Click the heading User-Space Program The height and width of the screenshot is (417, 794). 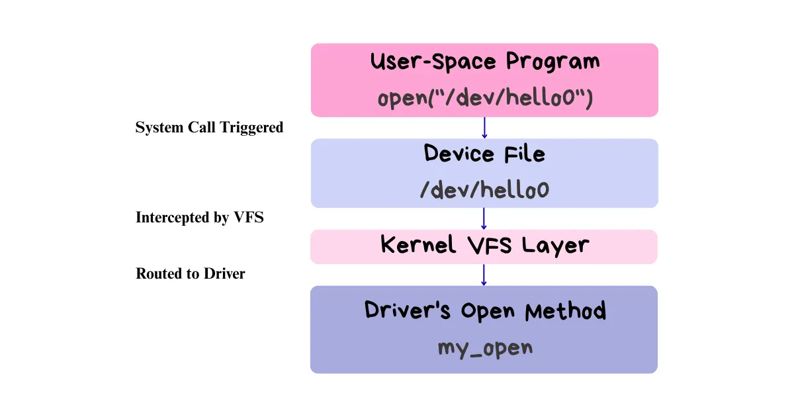(x=484, y=62)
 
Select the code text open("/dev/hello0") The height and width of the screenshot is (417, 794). (x=484, y=98)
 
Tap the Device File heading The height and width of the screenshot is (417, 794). (x=484, y=154)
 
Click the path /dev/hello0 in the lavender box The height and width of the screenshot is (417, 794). (x=484, y=191)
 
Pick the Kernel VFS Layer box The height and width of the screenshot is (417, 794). (x=484, y=246)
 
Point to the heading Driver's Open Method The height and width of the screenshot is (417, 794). (x=484, y=310)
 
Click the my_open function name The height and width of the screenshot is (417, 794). (x=484, y=347)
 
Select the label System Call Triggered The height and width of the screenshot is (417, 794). (x=209, y=127)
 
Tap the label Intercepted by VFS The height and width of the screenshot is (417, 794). (x=200, y=217)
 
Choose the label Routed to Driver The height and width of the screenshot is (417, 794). (x=191, y=273)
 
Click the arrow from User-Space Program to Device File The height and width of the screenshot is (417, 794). (x=484, y=128)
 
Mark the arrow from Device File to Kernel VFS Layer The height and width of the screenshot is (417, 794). (x=484, y=218)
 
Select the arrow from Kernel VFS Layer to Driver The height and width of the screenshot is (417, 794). (x=484, y=275)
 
